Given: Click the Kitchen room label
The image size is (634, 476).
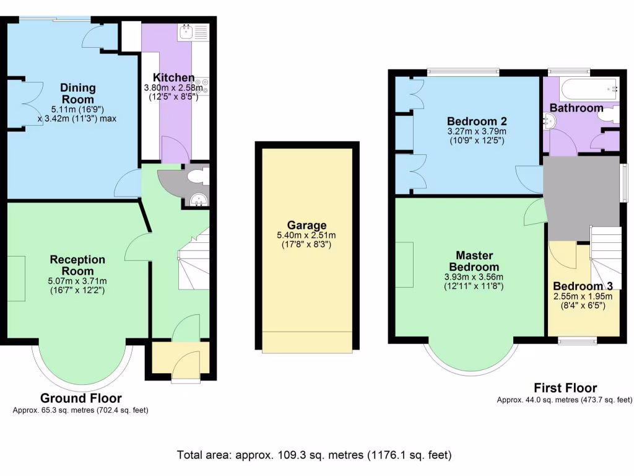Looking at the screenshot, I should [173, 78].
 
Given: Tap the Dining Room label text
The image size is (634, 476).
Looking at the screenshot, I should [77, 93].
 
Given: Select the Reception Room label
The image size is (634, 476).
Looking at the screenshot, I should [77, 265].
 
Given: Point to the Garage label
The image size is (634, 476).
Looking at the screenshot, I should [306, 225].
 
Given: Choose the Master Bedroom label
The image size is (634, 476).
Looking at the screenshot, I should [474, 261].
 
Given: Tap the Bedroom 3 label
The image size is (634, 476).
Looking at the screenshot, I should [583, 286].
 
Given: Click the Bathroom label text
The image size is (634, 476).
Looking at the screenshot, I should [576, 108].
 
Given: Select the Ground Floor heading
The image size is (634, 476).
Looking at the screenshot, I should [81, 399].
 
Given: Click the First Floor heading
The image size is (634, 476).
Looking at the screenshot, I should [565, 388].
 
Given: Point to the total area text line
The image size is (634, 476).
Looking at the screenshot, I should [315, 455].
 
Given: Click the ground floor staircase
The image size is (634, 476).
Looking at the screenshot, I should [194, 260].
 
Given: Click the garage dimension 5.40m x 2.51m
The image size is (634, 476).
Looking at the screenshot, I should [306, 236].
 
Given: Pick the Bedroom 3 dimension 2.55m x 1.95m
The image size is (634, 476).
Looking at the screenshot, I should [583, 296].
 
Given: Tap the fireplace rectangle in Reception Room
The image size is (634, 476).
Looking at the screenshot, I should [17, 278].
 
